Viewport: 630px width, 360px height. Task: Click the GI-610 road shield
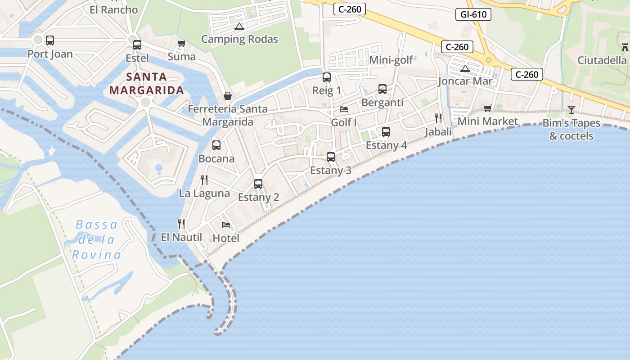(473, 14)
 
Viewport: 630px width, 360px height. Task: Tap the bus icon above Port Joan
(50, 40)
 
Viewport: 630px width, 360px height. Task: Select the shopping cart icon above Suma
(181, 44)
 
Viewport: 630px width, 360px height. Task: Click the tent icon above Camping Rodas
(239, 26)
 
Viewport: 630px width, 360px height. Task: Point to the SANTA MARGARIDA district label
(147, 83)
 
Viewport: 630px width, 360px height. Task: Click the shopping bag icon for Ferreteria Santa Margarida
(228, 96)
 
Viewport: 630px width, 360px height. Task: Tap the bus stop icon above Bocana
(216, 145)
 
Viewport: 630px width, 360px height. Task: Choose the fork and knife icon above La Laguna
(204, 180)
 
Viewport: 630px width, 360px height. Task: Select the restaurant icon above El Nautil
(181, 224)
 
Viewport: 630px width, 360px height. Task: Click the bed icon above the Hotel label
(226, 225)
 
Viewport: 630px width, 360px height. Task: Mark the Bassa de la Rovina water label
(96, 240)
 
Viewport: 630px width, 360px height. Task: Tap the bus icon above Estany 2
(258, 184)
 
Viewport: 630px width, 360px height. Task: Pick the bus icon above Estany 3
(331, 157)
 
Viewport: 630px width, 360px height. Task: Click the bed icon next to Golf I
(344, 109)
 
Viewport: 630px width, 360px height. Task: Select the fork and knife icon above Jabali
(438, 118)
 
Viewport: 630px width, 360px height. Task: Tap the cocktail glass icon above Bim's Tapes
(571, 109)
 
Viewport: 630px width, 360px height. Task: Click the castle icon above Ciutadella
(625, 47)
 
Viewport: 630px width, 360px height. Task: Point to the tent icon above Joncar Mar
(465, 68)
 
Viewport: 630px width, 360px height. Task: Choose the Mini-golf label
(391, 60)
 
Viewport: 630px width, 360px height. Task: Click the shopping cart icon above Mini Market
(488, 108)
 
